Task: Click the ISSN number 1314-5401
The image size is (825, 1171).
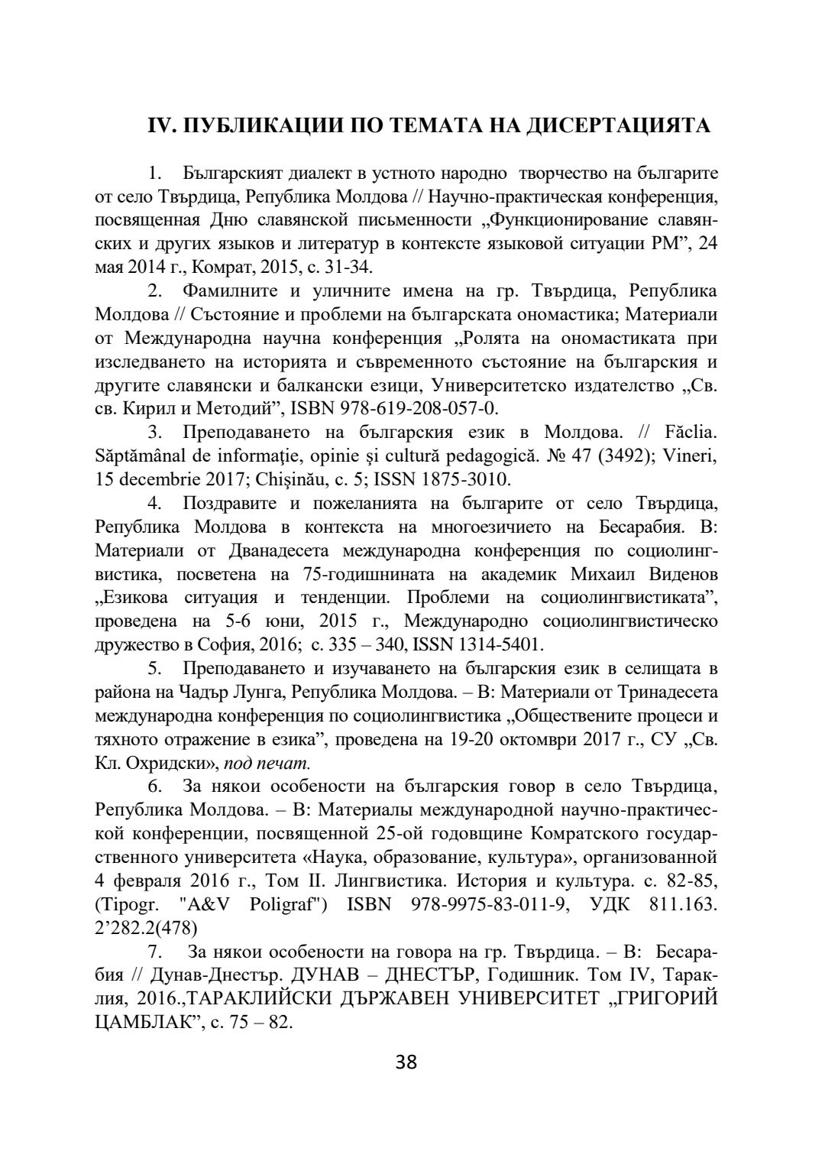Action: point(499,644)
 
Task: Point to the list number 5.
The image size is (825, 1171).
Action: point(154,668)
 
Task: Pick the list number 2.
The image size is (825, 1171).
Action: point(154,290)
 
